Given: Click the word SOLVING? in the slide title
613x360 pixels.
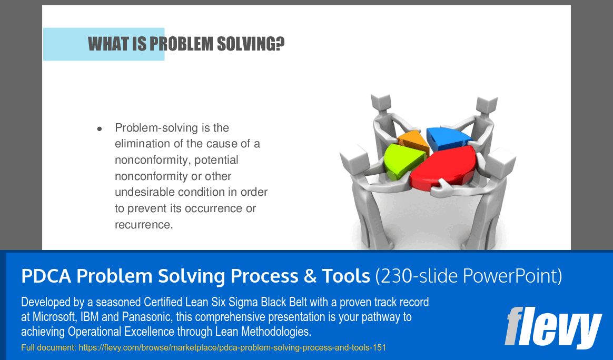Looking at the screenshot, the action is click(251, 44).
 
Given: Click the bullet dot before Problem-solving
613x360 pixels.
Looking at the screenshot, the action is click(100, 128).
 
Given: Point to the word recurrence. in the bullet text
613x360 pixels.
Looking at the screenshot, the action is click(144, 225).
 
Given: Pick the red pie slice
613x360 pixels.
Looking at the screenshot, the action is click(444, 166).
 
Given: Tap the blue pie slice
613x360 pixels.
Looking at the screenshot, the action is click(447, 137).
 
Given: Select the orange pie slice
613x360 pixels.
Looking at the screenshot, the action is click(413, 141).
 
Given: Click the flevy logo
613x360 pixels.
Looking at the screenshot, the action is click(553, 327).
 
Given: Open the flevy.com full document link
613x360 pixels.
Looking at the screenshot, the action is click(232, 347).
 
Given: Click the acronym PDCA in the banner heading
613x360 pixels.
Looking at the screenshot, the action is click(46, 276).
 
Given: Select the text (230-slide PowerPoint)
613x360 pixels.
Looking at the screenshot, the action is click(469, 276).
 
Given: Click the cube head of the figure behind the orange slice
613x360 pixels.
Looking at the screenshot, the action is click(381, 102).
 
